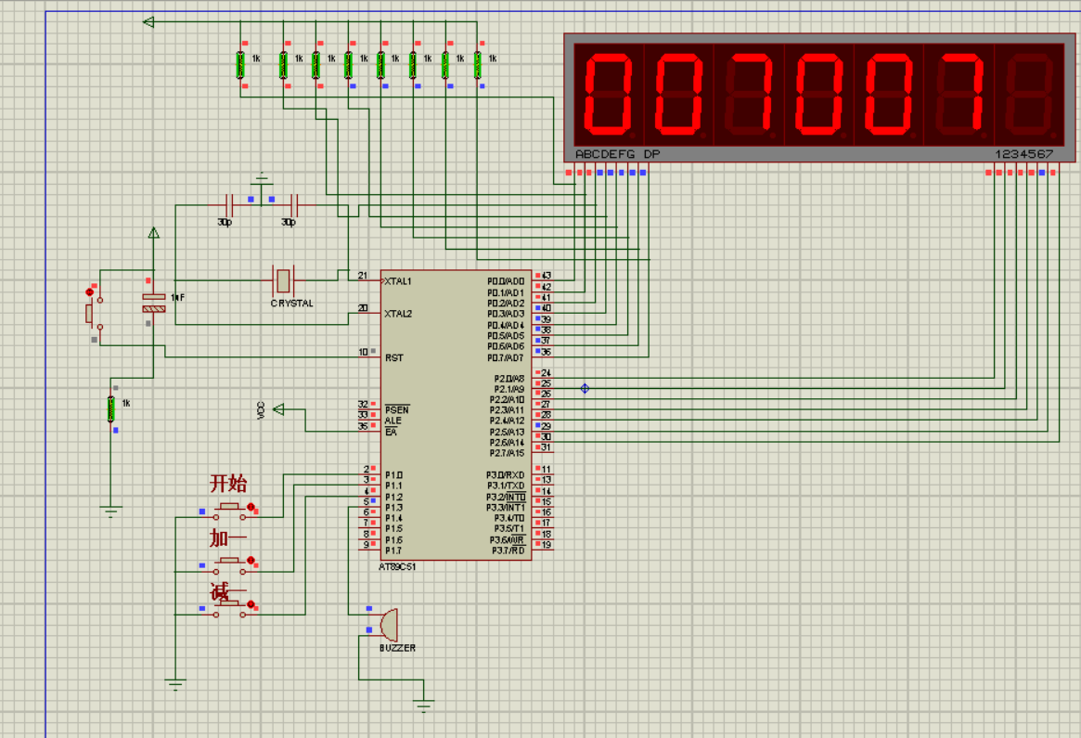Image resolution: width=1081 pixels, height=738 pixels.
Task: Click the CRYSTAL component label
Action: coord(292,304)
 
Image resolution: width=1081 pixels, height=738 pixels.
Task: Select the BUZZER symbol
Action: coord(387,624)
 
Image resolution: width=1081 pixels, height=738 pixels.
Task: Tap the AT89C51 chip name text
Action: coord(397,566)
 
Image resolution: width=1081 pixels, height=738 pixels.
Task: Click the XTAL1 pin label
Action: coord(398,280)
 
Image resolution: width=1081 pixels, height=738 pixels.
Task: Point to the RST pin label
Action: coord(394,357)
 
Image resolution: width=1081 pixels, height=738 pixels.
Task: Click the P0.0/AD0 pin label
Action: coord(506,280)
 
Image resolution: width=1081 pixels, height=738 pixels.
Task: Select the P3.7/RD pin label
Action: coord(508,550)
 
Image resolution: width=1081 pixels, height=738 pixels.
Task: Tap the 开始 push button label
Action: coord(228,484)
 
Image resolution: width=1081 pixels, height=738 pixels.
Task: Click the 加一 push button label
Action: coord(227,538)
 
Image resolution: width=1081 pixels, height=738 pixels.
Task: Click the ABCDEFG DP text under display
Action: coord(617,154)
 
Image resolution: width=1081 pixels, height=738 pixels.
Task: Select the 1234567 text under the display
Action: coord(1023,154)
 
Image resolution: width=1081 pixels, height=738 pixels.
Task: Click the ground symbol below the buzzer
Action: coord(424,706)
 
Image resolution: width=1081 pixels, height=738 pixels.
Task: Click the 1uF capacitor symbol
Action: coord(153,302)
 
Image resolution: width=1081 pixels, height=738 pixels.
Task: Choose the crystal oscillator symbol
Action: coord(283,278)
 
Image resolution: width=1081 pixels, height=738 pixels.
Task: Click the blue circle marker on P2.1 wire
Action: coord(585,388)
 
